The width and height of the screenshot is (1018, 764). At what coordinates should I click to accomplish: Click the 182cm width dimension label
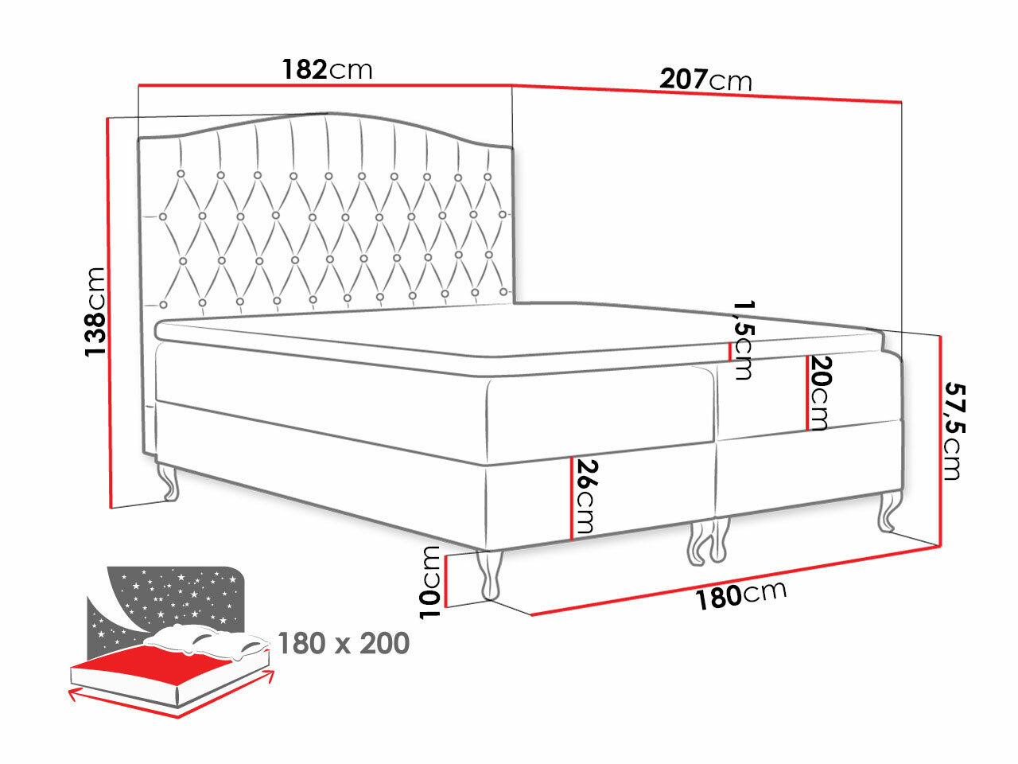click(327, 70)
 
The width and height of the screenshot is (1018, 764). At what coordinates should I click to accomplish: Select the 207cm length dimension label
click(705, 80)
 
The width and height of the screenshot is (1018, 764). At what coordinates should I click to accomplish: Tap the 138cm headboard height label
click(95, 311)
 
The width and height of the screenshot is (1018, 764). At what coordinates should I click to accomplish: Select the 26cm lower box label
click(587, 497)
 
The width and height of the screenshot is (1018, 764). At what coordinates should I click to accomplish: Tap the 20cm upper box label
click(820, 392)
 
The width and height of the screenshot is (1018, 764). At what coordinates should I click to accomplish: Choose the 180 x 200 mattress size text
click(344, 642)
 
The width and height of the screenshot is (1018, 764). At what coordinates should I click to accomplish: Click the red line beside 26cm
click(571, 498)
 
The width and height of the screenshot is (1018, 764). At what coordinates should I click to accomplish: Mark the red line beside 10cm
click(448, 581)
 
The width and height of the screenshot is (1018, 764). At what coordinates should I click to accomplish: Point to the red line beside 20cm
click(808, 392)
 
